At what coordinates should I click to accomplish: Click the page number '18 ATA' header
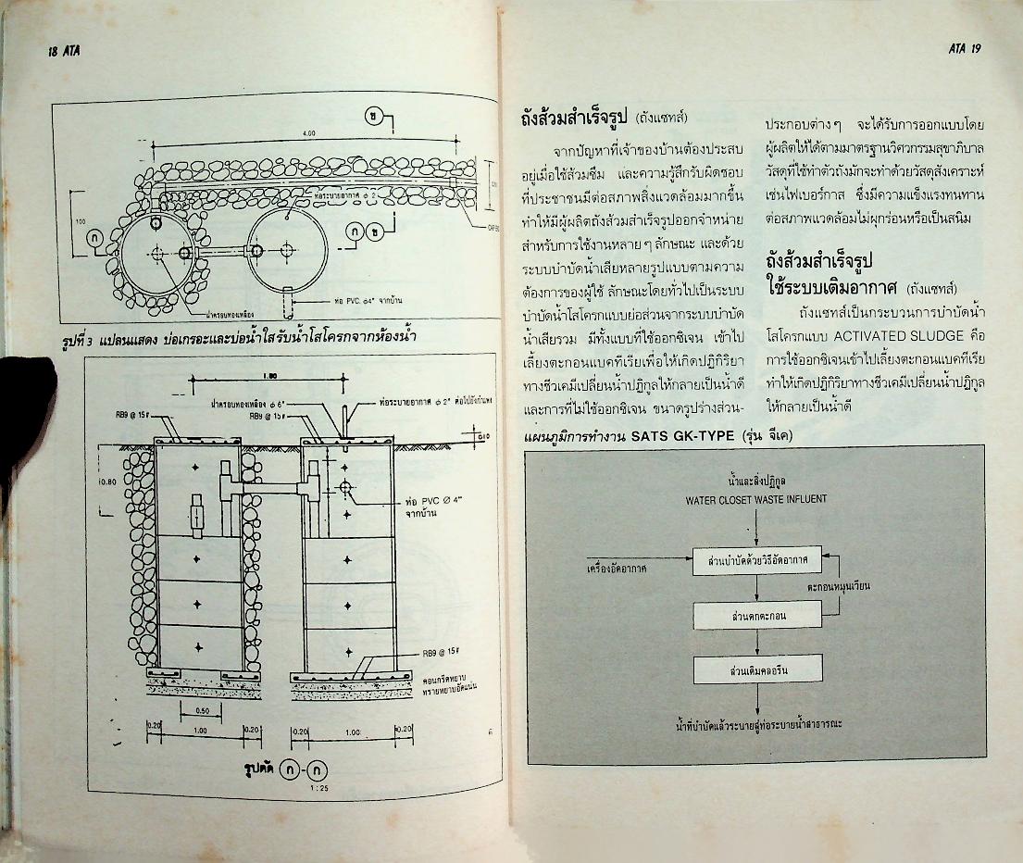[64, 52]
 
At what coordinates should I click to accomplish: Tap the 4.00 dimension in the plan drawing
[308, 133]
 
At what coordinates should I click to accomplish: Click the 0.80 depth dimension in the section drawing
[107, 482]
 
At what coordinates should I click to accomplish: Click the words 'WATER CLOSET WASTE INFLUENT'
[756, 500]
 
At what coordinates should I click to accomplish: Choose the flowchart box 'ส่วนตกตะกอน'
[757, 615]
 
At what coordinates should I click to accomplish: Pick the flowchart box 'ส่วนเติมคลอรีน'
[757, 669]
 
